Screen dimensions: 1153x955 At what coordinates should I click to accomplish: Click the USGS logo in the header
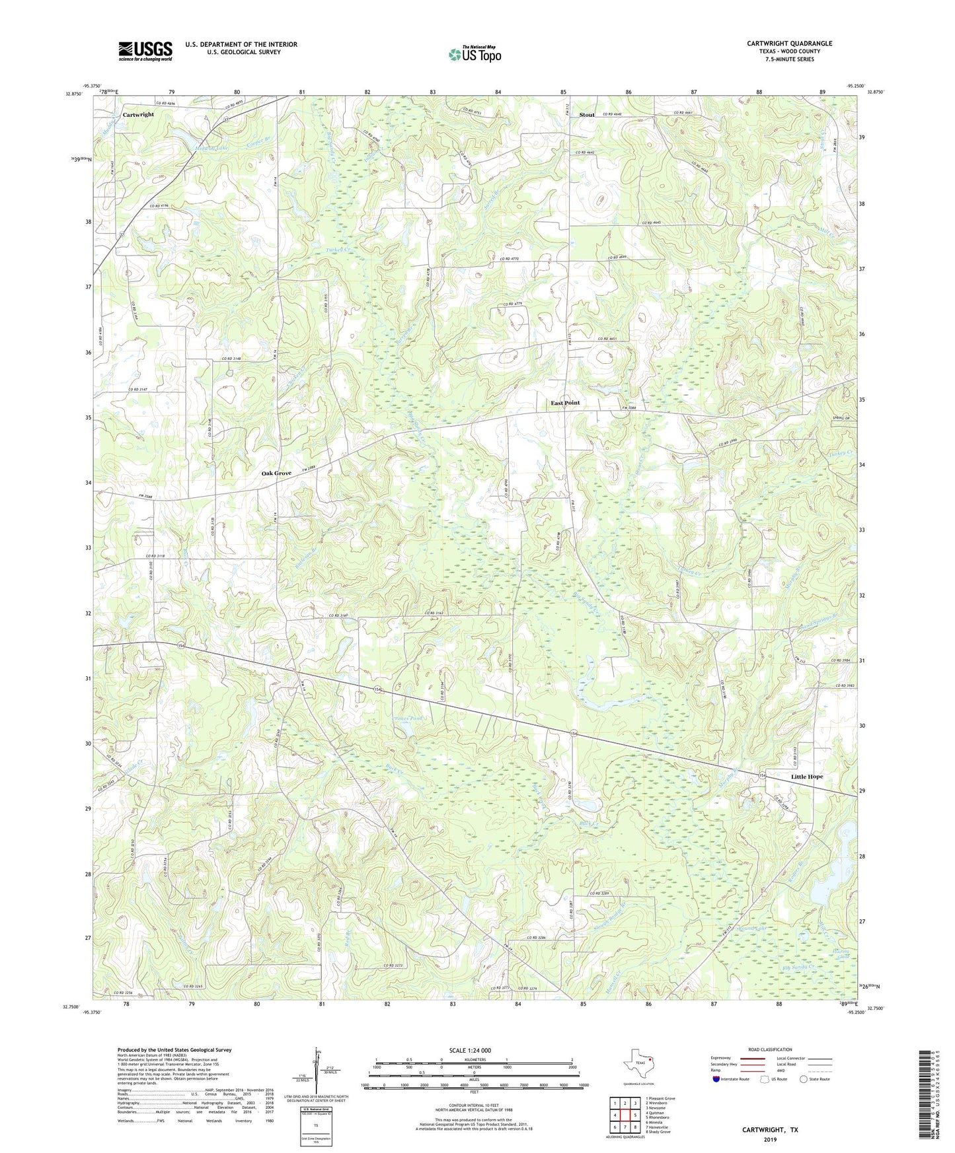click(x=145, y=51)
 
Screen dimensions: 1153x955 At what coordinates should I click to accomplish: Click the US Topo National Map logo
click(x=474, y=54)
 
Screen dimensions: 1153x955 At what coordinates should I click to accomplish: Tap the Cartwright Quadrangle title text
click(x=789, y=44)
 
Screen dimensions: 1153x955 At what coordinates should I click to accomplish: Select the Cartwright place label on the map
click(x=138, y=115)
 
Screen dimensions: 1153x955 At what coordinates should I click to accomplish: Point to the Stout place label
click(x=586, y=115)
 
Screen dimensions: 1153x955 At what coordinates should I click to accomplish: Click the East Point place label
click(x=565, y=403)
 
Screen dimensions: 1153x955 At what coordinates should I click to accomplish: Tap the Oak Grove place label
click(x=276, y=473)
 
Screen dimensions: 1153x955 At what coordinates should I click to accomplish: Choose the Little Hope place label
click(x=807, y=777)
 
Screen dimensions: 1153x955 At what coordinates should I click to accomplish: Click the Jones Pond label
click(x=407, y=718)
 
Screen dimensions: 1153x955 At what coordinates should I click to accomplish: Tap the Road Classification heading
click(x=771, y=1049)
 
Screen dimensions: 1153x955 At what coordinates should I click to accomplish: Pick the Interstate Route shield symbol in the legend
click(x=718, y=1079)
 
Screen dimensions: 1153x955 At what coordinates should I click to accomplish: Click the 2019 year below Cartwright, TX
click(x=770, y=1139)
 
